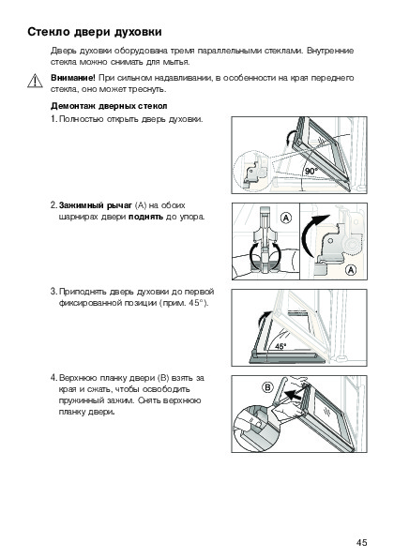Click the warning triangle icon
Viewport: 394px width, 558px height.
click(x=35, y=81)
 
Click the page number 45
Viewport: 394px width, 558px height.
click(x=361, y=542)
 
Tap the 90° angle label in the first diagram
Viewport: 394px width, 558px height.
click(x=311, y=172)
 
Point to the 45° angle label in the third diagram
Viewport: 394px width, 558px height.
click(x=280, y=346)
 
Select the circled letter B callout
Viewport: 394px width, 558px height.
click(x=267, y=387)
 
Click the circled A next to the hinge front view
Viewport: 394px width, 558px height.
click(x=286, y=218)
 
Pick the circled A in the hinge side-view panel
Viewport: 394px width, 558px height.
click(x=351, y=270)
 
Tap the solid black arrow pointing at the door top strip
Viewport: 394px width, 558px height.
click(x=295, y=394)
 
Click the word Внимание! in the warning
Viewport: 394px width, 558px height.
click(x=73, y=78)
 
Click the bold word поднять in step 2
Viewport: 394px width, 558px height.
click(x=146, y=217)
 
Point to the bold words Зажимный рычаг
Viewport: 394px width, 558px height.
click(x=96, y=205)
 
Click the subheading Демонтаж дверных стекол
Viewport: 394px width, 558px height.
click(x=109, y=106)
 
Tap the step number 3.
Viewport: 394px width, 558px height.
click(x=53, y=292)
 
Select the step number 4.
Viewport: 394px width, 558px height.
click(x=53, y=378)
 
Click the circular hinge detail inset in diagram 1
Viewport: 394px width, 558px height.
click(x=251, y=170)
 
